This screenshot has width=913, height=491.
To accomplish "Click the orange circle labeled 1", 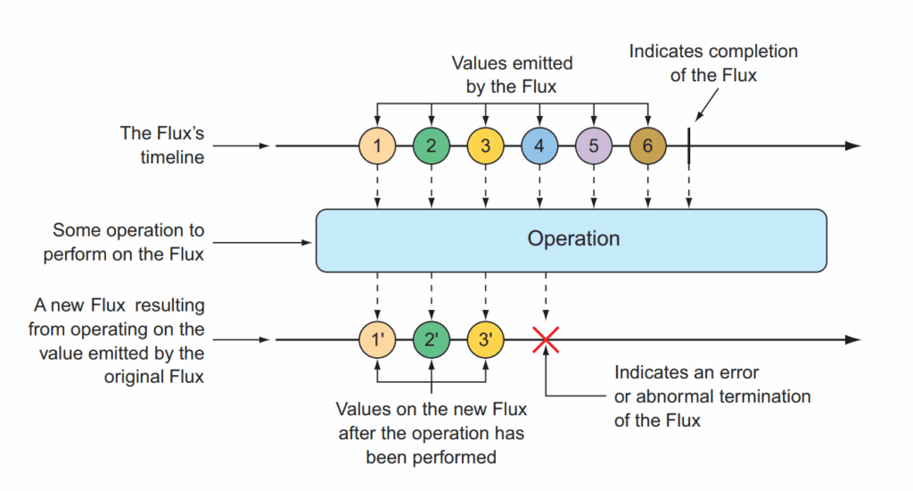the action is coord(377,146).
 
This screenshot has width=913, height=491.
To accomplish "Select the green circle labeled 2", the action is coord(432,146).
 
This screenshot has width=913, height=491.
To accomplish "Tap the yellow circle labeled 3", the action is coord(486,146).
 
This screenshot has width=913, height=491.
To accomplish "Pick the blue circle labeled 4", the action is coord(539,146).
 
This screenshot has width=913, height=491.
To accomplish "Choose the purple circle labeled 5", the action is coord(594,146).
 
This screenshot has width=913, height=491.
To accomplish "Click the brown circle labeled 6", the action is coord(648,146).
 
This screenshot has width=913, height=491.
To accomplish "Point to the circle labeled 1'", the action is coord(377,339).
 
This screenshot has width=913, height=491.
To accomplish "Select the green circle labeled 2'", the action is coord(432,339).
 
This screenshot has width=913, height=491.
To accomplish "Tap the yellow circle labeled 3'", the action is coord(486,339).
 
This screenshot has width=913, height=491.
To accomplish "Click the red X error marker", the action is coord(546,340).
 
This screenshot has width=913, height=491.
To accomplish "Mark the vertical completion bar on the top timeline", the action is coord(689,146).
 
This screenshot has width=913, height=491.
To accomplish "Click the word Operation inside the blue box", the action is coord(573,239).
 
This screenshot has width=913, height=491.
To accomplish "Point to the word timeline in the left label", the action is coord(172,157).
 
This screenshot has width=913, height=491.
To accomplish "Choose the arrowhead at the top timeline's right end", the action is coord(853,146).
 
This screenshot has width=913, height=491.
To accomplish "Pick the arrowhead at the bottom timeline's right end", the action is coord(853,339).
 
